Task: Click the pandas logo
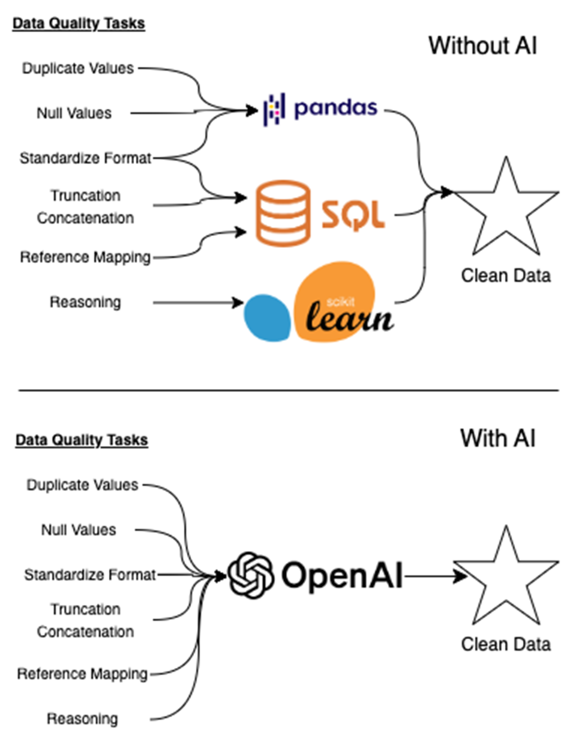coord(320,109)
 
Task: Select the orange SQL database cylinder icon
coord(282,213)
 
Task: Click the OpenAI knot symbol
coord(250,575)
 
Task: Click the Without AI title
coord(482,46)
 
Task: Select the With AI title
coord(497,438)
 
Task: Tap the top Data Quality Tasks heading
coord(79,24)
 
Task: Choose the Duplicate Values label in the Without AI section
coord(78,68)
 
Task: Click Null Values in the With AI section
coord(79,530)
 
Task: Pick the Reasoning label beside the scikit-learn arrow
coord(85,302)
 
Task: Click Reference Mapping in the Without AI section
coord(85,257)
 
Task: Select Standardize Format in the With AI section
coord(90,575)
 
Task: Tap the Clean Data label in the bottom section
coord(506,644)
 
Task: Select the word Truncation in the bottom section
coord(85,609)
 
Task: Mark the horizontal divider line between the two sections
coord(288,390)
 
